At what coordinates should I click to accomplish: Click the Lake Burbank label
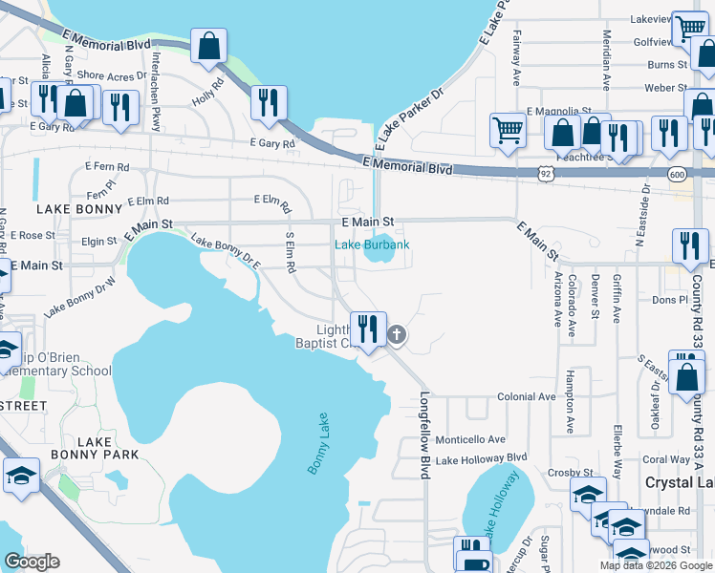click(372, 245)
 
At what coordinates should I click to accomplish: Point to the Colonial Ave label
click(526, 396)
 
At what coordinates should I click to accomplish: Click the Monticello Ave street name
click(470, 439)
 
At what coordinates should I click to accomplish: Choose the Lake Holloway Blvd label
click(481, 459)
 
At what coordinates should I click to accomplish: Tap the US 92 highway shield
click(545, 174)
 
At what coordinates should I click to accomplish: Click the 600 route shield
click(677, 174)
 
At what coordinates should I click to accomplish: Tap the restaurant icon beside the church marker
click(367, 329)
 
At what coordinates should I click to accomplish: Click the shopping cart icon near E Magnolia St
click(508, 129)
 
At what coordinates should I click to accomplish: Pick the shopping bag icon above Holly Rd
click(207, 46)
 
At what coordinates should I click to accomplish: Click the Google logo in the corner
click(32, 562)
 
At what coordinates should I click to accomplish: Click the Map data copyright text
click(657, 565)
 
